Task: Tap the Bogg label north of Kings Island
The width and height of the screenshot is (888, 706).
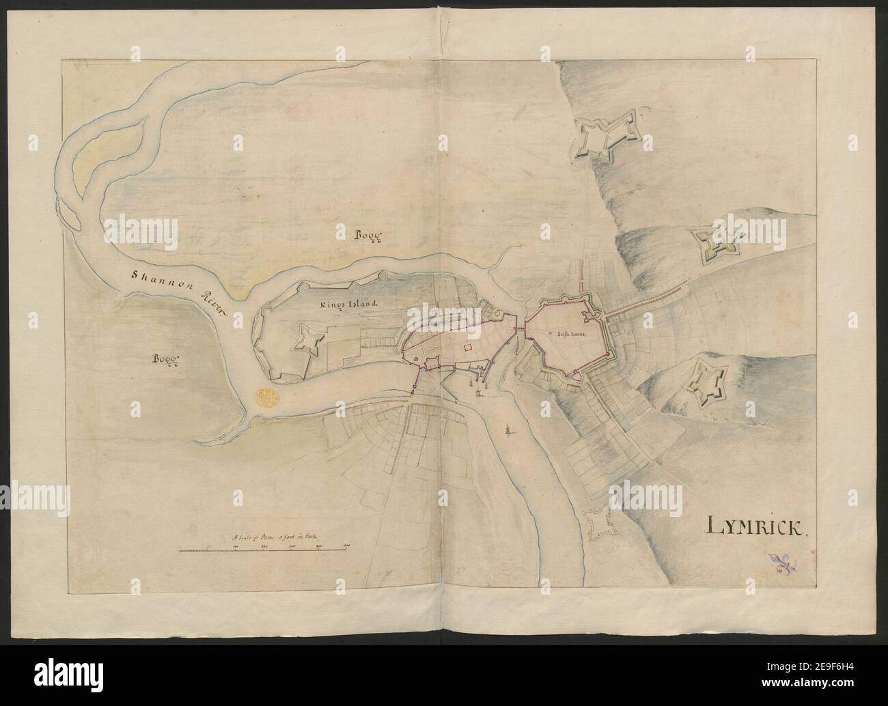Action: coord(368,236)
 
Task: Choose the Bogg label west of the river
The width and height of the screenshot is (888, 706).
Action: coord(165,360)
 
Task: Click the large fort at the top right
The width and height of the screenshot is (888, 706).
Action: coord(607,138)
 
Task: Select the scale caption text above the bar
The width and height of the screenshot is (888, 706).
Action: coord(276,538)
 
